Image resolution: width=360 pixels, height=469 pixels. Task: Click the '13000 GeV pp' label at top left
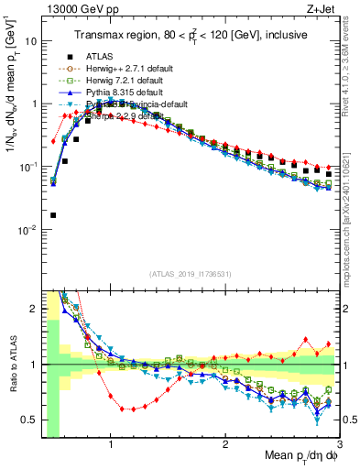pyautogui.click(x=78, y=10)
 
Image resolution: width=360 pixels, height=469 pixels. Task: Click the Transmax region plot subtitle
pyautogui.click(x=191, y=35)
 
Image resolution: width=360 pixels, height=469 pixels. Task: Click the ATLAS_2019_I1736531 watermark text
pyautogui.click(x=190, y=274)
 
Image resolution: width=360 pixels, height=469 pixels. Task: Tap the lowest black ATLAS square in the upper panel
pyautogui.click(x=53, y=215)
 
